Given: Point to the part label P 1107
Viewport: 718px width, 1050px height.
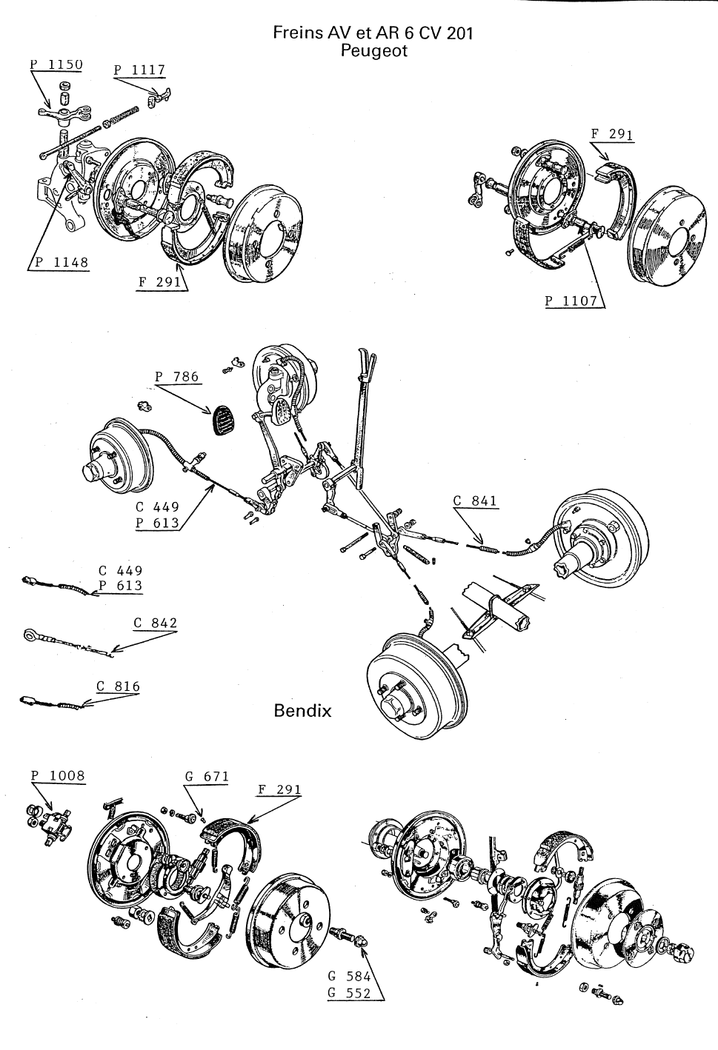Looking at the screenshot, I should pos(571,301).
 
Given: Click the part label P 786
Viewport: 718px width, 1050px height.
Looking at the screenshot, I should pos(177,377).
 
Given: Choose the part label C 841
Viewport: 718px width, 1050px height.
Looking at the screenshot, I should pos(475,501).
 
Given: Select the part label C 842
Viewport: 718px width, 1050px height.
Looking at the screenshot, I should pos(156,623).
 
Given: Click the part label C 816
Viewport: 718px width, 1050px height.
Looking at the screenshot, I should pos(117,686).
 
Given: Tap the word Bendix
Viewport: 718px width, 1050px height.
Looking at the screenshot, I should pos(302,711).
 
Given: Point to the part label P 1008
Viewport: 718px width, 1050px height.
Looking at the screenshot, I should pos(58,776).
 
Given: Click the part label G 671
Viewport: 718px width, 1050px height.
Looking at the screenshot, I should pos(207,777).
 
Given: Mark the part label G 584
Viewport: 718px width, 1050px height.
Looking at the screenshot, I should pos(348,977).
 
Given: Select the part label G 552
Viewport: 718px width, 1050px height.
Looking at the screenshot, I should pos(348,994).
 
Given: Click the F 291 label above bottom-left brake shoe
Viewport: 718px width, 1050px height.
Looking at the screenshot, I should pos(279,789).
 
